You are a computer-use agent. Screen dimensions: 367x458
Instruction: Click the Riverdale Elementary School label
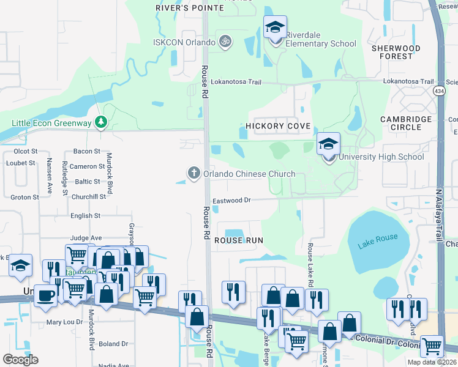317,43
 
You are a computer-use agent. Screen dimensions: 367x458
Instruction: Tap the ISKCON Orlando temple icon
225,42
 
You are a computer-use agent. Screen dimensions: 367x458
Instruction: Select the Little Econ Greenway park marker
101,123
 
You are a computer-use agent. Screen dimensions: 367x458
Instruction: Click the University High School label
381,157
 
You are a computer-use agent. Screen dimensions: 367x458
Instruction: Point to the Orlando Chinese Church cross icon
194,173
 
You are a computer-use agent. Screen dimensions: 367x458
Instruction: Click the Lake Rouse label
378,237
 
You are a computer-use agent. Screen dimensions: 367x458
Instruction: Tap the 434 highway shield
439,91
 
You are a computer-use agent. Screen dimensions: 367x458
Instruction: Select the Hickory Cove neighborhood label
278,126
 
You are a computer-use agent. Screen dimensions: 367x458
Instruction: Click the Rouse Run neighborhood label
239,240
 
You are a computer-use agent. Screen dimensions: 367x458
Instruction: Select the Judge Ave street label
86,238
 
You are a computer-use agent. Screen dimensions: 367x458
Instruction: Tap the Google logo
20,360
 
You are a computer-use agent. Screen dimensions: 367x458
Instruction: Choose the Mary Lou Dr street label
64,322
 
